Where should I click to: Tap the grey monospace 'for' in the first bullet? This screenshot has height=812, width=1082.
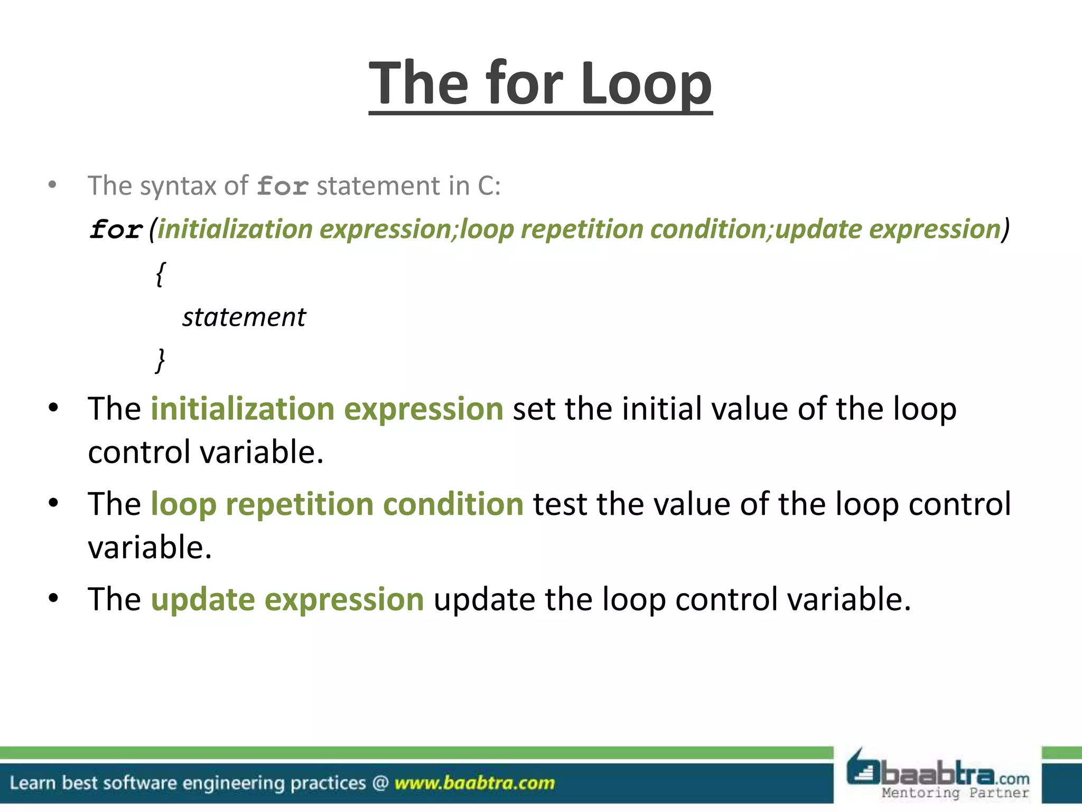[x=283, y=187]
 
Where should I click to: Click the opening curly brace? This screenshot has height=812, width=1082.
[x=160, y=274]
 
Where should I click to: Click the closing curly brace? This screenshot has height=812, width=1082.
[x=160, y=361]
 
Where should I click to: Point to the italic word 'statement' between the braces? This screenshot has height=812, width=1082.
[x=244, y=317]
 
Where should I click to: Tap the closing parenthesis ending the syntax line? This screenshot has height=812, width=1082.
[x=1006, y=229]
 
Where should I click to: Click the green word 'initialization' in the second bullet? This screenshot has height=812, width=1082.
[x=242, y=409]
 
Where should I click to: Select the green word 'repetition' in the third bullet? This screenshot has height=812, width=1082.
[x=299, y=504]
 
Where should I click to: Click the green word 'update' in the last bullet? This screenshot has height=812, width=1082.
[x=202, y=599]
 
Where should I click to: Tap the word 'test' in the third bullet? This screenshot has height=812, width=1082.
[x=559, y=504]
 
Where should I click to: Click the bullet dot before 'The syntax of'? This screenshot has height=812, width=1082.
[x=52, y=185]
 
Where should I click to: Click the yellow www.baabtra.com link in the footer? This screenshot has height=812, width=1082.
[x=474, y=783]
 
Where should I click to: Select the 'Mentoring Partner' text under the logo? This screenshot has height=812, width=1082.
[x=955, y=792]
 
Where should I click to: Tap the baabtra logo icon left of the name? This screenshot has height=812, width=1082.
[x=862, y=770]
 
